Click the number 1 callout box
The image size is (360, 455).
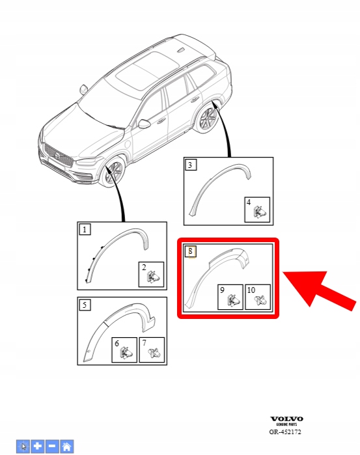point(85,230)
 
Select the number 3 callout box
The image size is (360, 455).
point(191,165)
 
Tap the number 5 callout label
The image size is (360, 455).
point(85,305)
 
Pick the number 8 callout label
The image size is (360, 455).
point(191,251)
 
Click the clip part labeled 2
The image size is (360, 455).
point(154,277)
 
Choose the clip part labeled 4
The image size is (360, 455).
point(260,212)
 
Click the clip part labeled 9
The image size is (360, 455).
point(233,300)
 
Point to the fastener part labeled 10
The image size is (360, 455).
point(260,300)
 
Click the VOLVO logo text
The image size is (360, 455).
point(287,419)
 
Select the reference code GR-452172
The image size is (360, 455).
point(285,432)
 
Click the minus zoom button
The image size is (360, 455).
point(52,446)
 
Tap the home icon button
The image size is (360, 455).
point(66,446)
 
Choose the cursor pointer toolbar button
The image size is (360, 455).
point(23,446)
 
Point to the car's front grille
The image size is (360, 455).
point(59,156)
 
